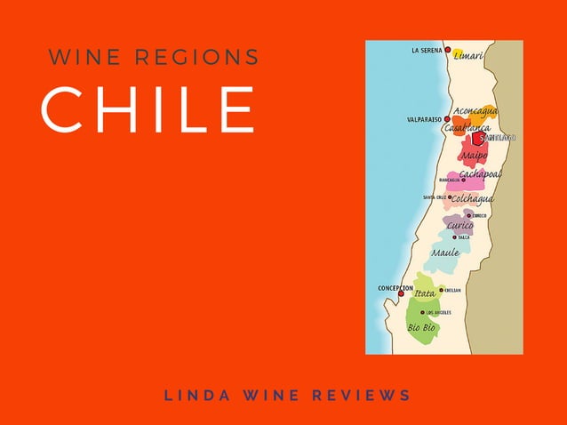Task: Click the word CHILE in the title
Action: pyautogui.click(x=148, y=110)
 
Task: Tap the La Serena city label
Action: pyautogui.click(x=427, y=51)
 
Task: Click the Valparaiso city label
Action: pyautogui.click(x=424, y=119)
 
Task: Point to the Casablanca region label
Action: pyautogui.click(x=467, y=128)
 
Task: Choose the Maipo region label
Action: pyautogui.click(x=474, y=156)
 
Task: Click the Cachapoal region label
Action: pyautogui.click(x=480, y=174)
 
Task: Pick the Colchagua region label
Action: pyautogui.click(x=472, y=198)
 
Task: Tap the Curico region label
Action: pyautogui.click(x=459, y=226)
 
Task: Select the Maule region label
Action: pyautogui.click(x=445, y=253)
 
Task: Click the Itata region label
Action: pyautogui.click(x=425, y=293)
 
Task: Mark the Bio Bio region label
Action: pyautogui.click(x=421, y=327)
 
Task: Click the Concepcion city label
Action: pyautogui.click(x=395, y=288)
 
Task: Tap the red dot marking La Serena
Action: pyautogui.click(x=448, y=51)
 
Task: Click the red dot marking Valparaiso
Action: pyautogui.click(x=447, y=119)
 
